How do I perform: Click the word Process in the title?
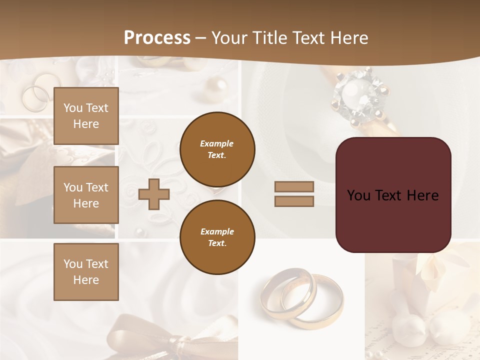pos(157,38)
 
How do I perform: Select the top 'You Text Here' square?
pos(86,116)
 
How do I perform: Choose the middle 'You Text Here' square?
pos(86,195)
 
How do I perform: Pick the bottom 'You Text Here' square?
pos(86,271)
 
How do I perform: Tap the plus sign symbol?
pos(154,194)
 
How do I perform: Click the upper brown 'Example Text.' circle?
pos(217,149)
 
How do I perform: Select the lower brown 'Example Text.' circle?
pos(217,237)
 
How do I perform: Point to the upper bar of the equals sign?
pos(294,186)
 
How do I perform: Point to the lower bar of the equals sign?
pos(294,201)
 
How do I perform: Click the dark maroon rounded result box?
pos(393,195)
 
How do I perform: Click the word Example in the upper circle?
pos(217,143)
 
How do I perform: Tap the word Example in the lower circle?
pos(217,231)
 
